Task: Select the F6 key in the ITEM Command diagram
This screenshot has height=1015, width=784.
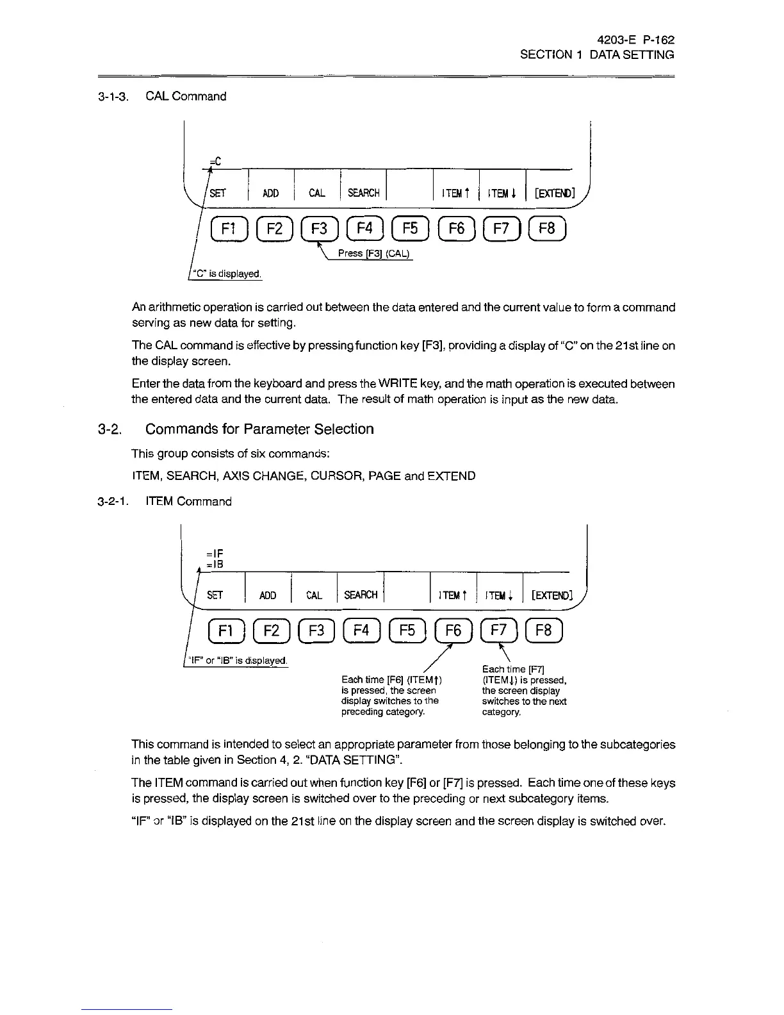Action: coord(453,631)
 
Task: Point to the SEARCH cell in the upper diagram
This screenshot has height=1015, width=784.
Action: coord(363,193)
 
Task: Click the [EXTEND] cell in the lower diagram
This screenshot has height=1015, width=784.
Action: coord(549,595)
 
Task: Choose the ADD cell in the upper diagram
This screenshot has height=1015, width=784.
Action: coord(270,193)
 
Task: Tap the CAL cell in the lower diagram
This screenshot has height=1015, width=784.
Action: coord(314,595)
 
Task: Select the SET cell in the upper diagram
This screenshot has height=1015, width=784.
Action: coord(218,193)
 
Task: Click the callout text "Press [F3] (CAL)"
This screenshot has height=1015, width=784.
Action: coord(375,253)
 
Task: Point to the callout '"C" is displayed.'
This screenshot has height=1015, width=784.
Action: coord(224,274)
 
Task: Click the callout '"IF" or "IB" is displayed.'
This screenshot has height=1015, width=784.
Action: coord(237,661)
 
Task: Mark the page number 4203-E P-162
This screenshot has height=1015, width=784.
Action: coord(634,40)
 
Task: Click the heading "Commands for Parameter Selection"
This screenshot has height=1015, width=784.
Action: coord(259,429)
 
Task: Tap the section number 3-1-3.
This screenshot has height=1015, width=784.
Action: coord(114,97)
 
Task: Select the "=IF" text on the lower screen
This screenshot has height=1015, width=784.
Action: coord(215,553)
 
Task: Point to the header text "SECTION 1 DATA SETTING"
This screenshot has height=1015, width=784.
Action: coord(597,55)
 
